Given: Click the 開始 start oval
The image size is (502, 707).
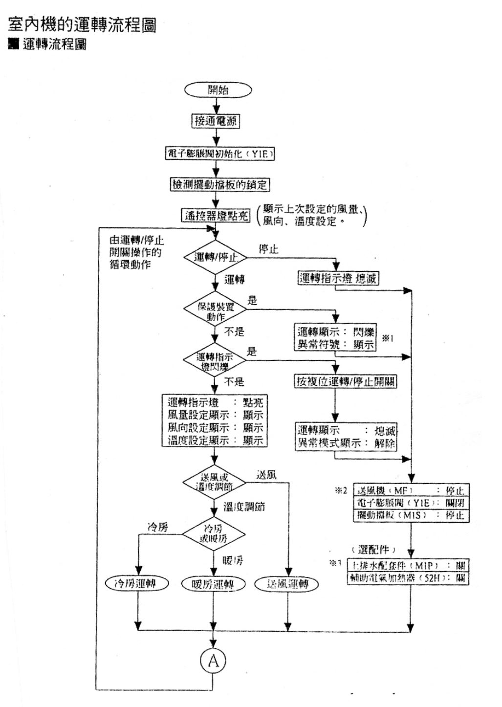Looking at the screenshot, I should [x=218, y=90].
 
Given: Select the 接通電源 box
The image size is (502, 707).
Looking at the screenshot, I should [x=215, y=121].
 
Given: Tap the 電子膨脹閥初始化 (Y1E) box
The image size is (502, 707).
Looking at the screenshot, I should [x=219, y=154].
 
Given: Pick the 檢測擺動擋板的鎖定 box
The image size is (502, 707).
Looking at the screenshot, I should [x=219, y=185].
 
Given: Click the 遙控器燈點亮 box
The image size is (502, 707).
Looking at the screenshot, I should [x=216, y=215].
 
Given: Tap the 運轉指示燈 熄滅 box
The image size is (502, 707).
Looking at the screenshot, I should [x=338, y=278].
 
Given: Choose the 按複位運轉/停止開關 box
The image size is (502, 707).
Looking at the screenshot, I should [x=345, y=381].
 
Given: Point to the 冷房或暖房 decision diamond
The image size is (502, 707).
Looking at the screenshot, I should [x=214, y=534].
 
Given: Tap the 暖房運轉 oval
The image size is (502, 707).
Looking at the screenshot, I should [x=213, y=584].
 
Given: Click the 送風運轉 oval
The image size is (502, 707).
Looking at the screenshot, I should [x=287, y=584].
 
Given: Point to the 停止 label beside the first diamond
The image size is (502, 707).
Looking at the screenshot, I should [x=268, y=249].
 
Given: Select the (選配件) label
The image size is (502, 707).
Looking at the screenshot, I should [x=373, y=550].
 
